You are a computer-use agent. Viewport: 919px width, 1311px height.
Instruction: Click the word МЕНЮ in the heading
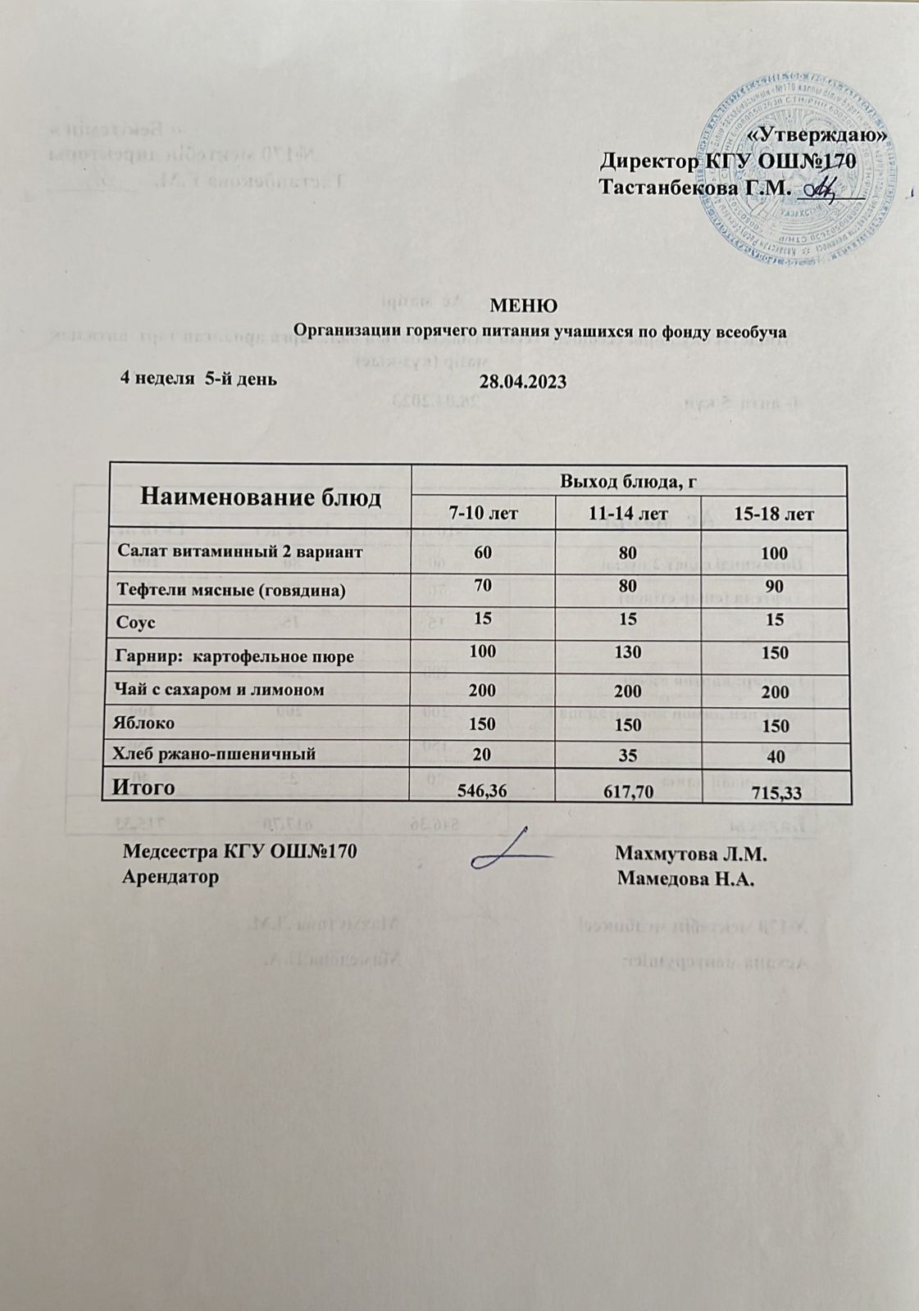pos(523,306)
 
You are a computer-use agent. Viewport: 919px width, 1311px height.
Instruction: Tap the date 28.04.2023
pos(523,383)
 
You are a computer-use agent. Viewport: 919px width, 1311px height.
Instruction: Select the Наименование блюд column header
pos(261,497)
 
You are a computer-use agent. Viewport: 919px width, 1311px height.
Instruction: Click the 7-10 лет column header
pos(482,514)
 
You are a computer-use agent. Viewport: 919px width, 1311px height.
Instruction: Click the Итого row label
pos(143,787)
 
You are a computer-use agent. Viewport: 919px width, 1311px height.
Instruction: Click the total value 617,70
pos(627,792)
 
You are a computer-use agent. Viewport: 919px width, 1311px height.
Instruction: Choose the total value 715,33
pos(775,792)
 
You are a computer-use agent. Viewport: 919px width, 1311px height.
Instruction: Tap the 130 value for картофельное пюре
pos(627,653)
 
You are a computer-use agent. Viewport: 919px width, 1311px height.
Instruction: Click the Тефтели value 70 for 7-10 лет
pos(482,586)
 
